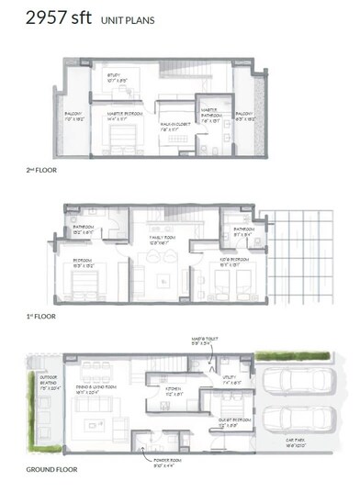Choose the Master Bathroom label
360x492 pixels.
click(x=210, y=114)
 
